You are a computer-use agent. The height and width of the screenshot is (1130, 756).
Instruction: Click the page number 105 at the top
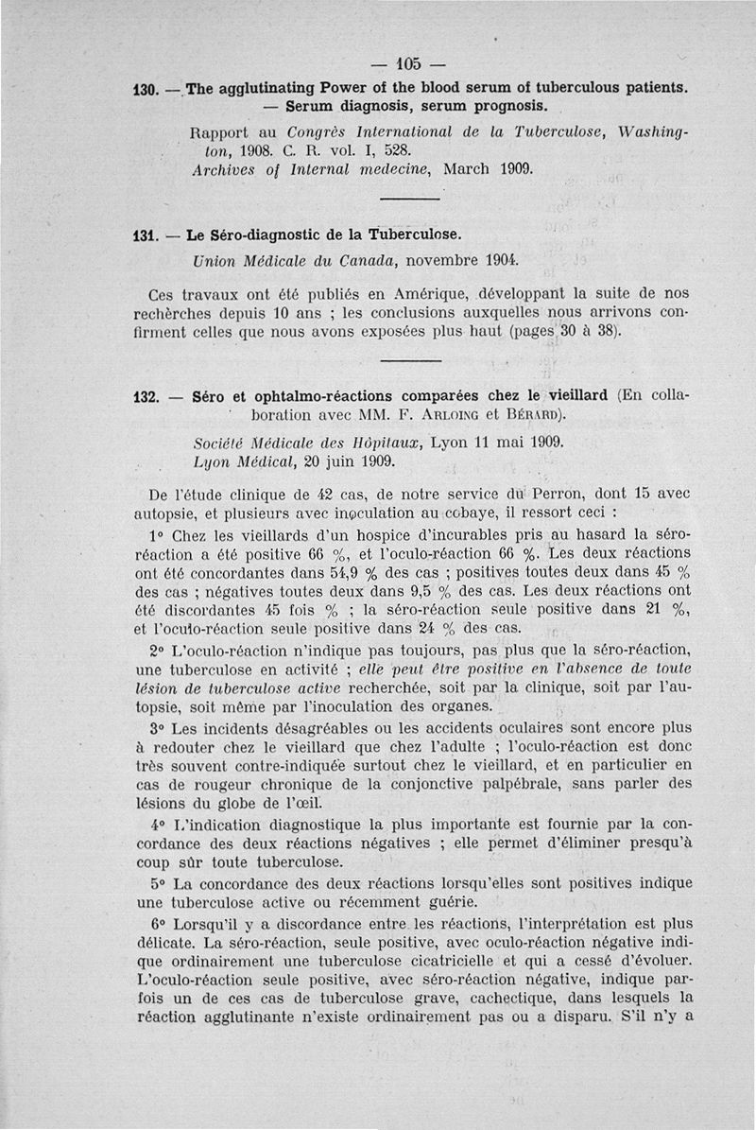tap(407, 64)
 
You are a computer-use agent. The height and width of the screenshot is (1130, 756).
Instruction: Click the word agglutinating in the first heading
tap(265, 89)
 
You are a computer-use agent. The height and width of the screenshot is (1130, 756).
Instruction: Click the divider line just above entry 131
tap(410, 198)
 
